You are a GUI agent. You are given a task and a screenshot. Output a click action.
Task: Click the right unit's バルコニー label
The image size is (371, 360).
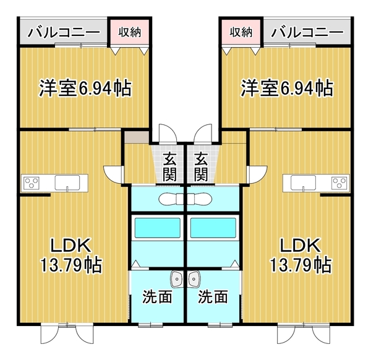307,31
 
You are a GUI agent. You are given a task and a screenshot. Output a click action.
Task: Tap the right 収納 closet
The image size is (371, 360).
241,32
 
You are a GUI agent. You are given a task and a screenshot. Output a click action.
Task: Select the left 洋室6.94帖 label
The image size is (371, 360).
85,88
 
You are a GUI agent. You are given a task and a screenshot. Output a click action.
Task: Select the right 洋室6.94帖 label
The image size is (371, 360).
286,88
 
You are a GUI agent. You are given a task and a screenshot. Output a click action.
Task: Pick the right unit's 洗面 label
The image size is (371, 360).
213,297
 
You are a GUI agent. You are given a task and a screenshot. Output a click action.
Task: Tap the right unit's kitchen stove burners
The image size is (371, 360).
338,182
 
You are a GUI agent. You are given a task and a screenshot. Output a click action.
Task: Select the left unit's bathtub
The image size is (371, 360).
157,228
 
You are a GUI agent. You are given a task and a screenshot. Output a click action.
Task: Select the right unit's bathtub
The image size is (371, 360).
213,228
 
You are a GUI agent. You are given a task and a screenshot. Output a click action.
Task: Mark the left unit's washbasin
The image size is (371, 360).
176,279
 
